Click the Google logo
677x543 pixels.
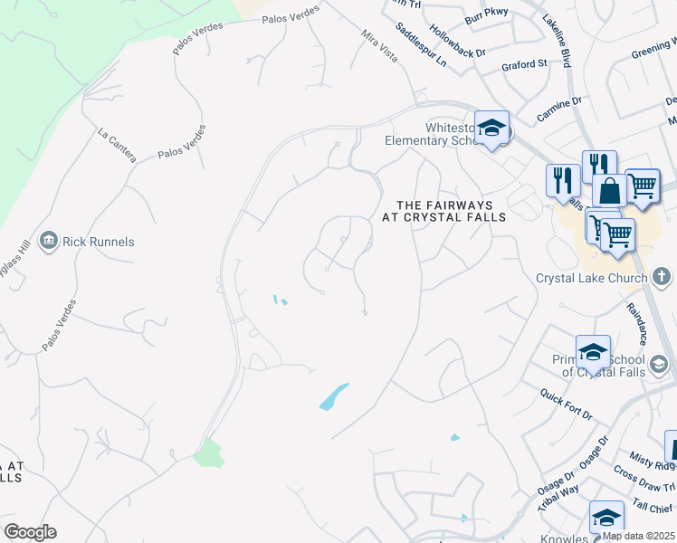pos(30,532)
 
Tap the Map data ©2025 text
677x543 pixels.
pos(639,536)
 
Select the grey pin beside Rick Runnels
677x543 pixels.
pos(49,242)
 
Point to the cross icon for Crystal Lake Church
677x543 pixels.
pos(662,277)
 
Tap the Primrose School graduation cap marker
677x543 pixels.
pos(593,351)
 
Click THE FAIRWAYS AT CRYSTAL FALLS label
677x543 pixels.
pos(443,211)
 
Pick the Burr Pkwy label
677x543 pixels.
pos(487,14)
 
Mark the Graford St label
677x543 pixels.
pos(525,65)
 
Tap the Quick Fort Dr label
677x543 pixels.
pos(566,404)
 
